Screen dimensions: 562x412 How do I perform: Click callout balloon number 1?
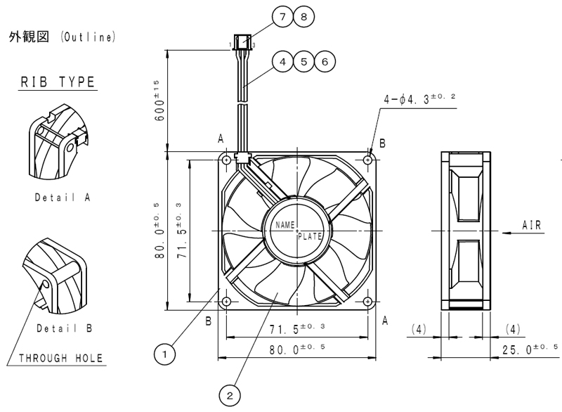point(164,354)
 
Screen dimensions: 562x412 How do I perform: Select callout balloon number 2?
point(230,396)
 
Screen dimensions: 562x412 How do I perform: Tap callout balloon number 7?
point(283,17)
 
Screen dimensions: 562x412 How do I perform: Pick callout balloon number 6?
point(325,62)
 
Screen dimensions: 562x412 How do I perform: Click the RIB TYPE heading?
point(58,82)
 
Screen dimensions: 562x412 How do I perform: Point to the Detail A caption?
point(63,198)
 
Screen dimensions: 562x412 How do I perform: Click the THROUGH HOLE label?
point(60,358)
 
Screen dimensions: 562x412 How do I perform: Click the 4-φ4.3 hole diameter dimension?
point(419,98)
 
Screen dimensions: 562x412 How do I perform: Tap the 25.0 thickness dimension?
point(530,349)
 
